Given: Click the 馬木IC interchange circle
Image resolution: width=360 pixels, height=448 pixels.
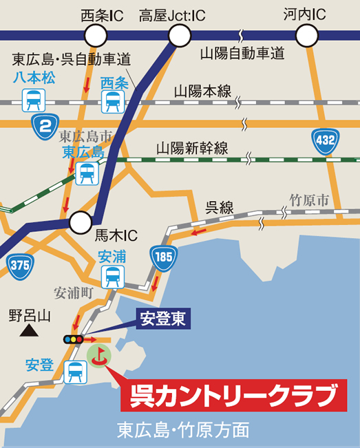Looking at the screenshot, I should coord(81,222).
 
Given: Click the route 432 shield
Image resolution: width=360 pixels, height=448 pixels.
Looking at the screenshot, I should coord(324,140).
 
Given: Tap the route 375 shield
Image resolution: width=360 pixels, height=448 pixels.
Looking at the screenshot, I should coord(21,264).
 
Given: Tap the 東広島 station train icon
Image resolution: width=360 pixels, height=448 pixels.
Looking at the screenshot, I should coord(87,173).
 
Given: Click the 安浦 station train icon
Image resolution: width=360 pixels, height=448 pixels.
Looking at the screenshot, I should coord(112,277).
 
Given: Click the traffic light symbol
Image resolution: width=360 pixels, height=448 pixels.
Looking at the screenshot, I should coord(72,339).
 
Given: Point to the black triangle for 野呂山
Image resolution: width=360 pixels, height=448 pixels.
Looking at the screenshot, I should coord(28,332).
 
